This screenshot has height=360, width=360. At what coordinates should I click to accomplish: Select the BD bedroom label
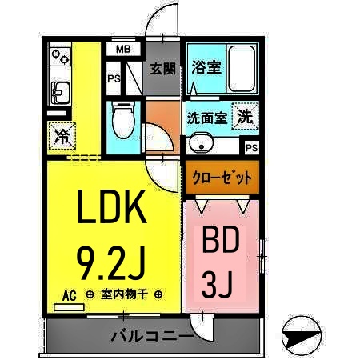[221, 242]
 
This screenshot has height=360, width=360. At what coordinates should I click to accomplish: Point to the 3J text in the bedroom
[221, 283]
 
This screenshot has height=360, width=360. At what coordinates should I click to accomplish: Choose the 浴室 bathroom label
[207, 68]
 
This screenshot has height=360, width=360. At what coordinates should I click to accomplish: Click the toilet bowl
[122, 121]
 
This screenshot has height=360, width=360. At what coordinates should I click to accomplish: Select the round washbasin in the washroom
[201, 145]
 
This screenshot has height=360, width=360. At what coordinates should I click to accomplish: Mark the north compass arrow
[302, 338]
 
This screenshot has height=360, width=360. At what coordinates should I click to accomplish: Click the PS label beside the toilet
[114, 78]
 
